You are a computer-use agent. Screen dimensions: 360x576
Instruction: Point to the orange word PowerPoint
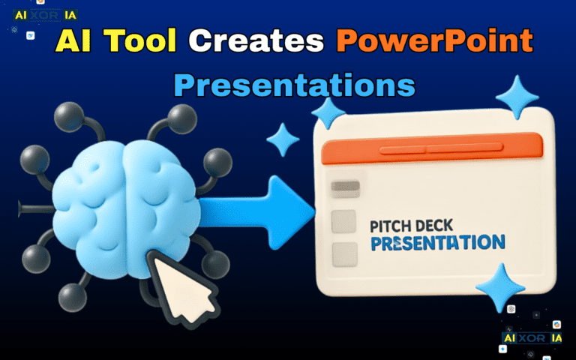[436, 41]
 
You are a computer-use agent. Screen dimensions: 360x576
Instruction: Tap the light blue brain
[124, 195]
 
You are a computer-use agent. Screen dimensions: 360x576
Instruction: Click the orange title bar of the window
[432, 151]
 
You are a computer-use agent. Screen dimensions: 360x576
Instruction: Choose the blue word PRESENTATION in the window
[438, 242]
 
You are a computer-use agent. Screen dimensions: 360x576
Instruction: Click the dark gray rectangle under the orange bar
[346, 187]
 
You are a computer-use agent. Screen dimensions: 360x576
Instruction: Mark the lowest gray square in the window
[344, 253]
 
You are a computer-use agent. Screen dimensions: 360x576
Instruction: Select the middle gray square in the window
[343, 220]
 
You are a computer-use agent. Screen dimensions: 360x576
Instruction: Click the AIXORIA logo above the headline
[46, 14]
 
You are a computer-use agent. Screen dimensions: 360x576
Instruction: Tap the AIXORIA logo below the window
[532, 338]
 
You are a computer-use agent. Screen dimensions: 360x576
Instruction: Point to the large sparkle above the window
[517, 97]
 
